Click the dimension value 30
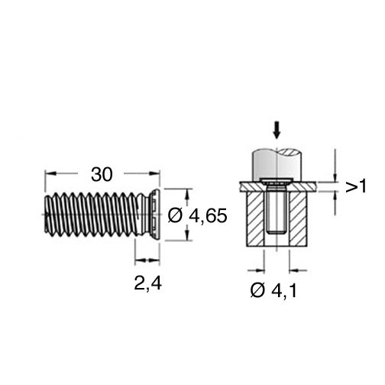click(x=102, y=175)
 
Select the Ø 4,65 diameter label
click(x=197, y=216)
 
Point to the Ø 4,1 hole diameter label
click(x=273, y=290)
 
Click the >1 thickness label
click(x=356, y=186)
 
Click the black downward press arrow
click(x=277, y=131)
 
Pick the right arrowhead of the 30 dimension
click(x=154, y=173)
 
